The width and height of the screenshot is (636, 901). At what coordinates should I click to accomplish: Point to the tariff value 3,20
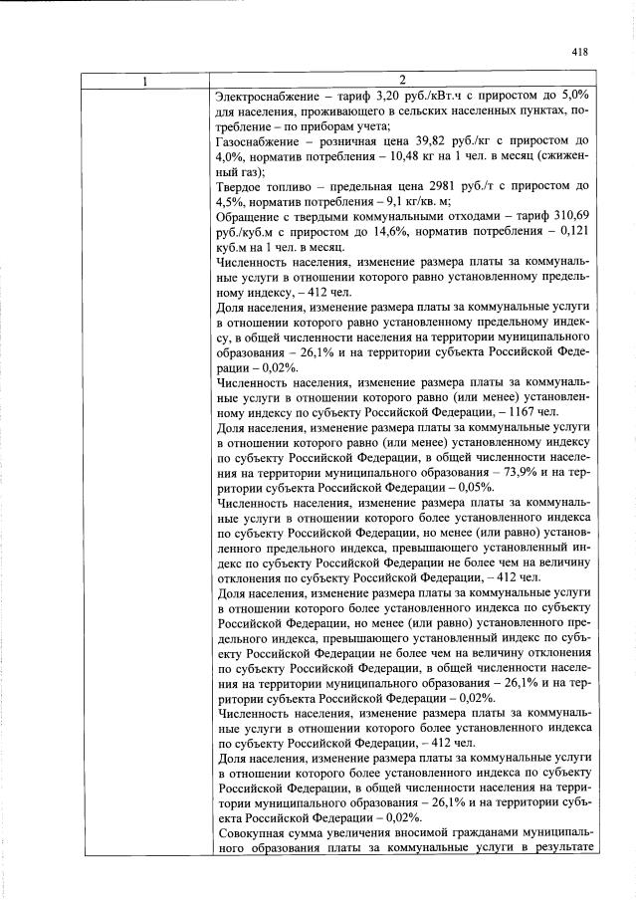coord(390,96)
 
